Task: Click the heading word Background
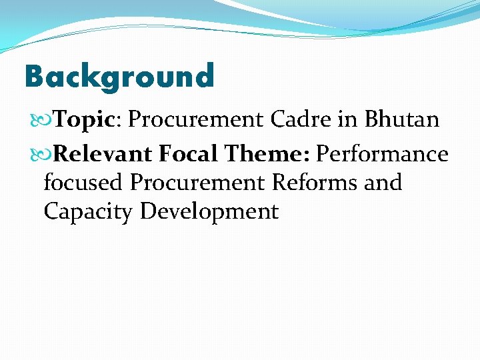119,76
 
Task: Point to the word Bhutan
401,120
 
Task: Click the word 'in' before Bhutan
350,120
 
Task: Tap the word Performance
382,154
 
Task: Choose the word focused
83,182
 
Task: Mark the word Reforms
317,182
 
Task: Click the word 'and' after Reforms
383,182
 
